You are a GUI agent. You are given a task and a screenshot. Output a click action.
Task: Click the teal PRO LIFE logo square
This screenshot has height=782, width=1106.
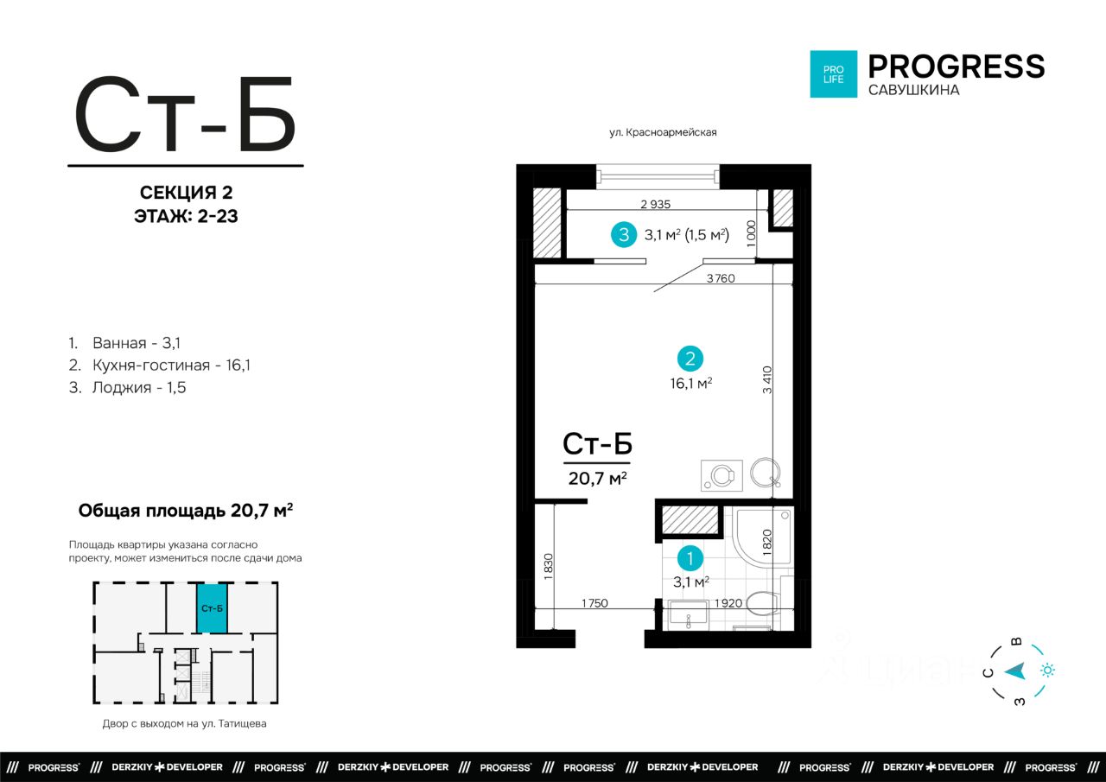[834, 74]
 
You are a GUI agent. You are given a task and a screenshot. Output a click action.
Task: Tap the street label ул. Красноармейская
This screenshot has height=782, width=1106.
[663, 132]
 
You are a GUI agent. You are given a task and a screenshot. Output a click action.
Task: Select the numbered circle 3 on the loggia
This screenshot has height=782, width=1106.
[624, 234]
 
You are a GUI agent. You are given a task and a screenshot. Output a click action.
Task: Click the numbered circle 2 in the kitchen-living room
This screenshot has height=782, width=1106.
[690, 359]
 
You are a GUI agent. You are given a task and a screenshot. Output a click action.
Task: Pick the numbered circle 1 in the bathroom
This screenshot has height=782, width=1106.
[690, 558]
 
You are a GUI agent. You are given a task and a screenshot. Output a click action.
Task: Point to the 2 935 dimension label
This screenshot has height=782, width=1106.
[656, 204]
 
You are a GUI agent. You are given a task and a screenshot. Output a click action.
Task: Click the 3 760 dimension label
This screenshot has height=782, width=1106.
[721, 278]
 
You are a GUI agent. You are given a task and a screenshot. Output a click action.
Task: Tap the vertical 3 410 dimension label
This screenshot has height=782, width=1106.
[766, 379]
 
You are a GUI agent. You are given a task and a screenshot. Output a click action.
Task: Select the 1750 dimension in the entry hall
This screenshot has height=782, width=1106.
[594, 603]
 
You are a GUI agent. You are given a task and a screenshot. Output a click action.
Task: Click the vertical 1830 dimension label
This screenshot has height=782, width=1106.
[548, 567]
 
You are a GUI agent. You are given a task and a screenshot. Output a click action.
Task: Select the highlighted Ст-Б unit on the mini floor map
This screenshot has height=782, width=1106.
[213, 608]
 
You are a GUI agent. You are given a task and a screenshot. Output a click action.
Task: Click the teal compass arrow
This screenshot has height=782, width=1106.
[1017, 671]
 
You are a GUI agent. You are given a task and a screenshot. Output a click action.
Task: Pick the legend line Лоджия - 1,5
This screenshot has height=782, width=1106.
[127, 388]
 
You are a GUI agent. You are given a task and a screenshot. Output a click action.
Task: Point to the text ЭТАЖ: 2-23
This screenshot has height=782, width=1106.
[186, 216]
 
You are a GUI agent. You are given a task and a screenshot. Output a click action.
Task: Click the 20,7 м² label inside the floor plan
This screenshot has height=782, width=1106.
[597, 478]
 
